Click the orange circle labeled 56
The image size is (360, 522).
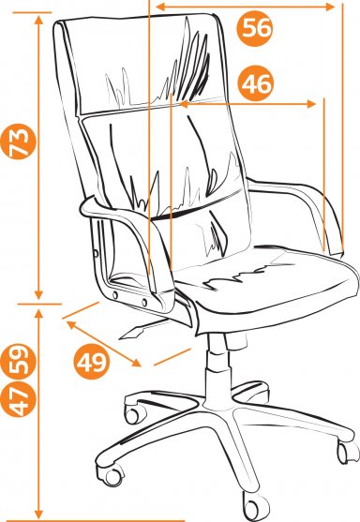[x=255, y=28]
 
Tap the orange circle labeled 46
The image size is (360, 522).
[x=255, y=83]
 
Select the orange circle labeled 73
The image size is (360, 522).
[x=18, y=142]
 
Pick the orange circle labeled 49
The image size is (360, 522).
[x=92, y=362]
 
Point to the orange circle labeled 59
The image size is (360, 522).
[x=18, y=362]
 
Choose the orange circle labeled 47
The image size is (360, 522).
[x=18, y=399]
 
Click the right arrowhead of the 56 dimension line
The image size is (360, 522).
[x=330, y=7]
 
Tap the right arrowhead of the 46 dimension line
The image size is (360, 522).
[x=311, y=104]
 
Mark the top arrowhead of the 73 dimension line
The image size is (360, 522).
[x=39, y=20]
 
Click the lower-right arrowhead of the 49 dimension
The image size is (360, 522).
[x=137, y=364]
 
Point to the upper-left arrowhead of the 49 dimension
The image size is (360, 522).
[x=71, y=324]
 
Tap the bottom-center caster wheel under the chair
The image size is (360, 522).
[x=255, y=506]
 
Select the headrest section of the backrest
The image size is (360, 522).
[x=140, y=63]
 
